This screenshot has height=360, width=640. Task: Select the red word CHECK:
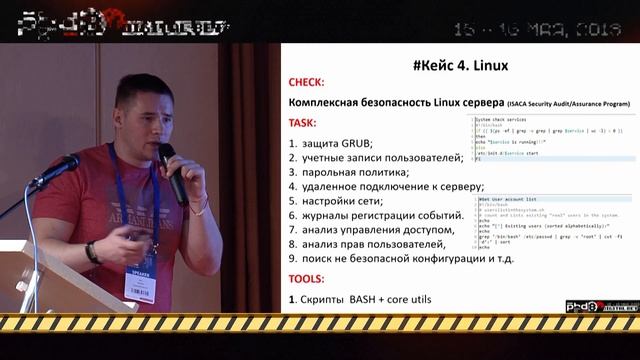tap(307, 85)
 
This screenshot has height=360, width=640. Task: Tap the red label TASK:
tap(303, 123)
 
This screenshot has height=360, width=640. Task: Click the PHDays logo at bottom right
tap(594, 306)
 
